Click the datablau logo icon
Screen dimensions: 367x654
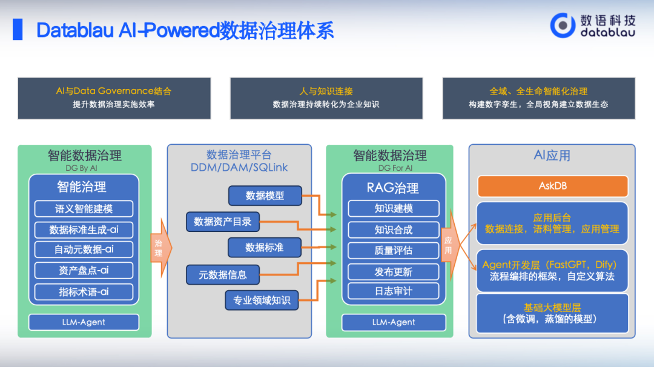coord(563,25)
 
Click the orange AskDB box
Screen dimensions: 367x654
coord(552,186)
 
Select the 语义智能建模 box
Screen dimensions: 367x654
coord(84,209)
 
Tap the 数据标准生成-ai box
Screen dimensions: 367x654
coord(84,230)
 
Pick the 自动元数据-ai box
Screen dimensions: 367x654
coord(84,250)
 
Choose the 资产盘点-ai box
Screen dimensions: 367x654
coord(84,270)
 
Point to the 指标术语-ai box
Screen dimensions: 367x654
coord(84,291)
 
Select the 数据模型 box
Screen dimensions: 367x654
coord(265,196)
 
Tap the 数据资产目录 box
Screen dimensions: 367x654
coord(222,222)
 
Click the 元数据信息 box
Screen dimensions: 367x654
coord(222,275)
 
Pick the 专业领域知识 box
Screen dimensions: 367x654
coord(262,300)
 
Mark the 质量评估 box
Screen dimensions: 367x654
coord(393,250)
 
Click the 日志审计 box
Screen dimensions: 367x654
coord(393,291)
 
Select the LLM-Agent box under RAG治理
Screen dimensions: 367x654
coord(394,322)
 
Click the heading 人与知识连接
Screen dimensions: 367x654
coord(326,91)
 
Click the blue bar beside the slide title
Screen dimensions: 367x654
coord(18,29)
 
